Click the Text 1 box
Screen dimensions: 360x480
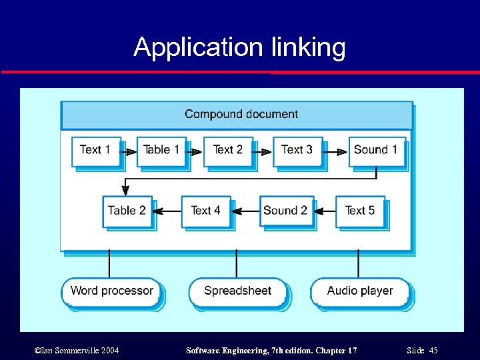(96, 151)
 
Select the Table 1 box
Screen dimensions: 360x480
(161, 151)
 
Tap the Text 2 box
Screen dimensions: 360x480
(228, 151)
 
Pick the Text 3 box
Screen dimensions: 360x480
(297, 151)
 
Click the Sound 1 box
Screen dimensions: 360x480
(375, 151)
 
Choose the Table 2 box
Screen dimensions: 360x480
(127, 211)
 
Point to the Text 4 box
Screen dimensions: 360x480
(205, 211)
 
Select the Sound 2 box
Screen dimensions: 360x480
(285, 211)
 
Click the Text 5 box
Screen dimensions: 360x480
(360, 211)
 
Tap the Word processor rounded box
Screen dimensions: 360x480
(111, 291)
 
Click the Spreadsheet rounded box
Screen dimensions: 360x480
(237, 291)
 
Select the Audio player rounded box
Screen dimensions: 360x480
(359, 291)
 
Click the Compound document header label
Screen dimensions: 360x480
(241, 115)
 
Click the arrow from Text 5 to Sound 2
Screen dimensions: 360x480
(324, 211)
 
